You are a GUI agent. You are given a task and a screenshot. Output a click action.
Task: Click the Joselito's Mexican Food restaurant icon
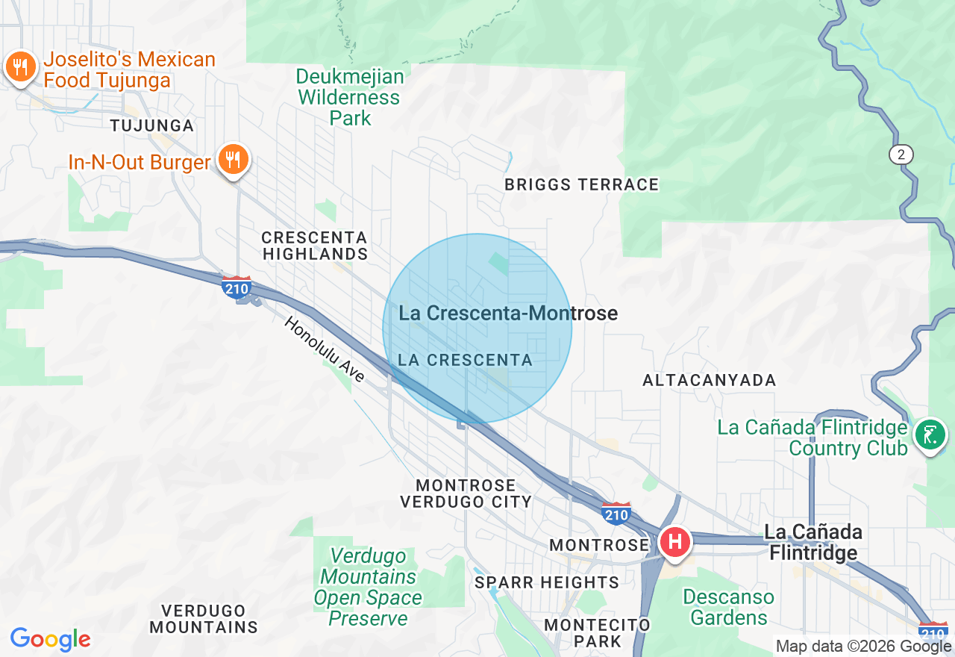[20, 68]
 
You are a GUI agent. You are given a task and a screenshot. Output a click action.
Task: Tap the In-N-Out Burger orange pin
[234, 159]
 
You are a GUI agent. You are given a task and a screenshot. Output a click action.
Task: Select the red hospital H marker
[674, 541]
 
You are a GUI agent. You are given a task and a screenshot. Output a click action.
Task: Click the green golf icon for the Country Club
[930, 434]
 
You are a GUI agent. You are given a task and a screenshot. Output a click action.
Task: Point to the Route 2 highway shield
[901, 155]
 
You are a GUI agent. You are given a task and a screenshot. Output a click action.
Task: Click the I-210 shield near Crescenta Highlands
[237, 287]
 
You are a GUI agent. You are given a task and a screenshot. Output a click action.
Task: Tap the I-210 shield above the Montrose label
[617, 513]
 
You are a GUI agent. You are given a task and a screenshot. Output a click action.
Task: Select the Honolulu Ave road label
[324, 349]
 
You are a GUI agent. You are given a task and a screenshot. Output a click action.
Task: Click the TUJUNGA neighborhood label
[152, 125]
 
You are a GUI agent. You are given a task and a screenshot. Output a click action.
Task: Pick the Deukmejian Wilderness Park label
[350, 97]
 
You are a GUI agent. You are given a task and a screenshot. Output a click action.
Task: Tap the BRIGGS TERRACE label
[582, 184]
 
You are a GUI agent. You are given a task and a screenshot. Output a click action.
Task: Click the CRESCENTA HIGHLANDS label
[314, 246]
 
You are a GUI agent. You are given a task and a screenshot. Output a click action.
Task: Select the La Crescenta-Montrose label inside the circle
[508, 313]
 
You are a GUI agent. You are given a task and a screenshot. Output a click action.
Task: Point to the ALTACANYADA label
[710, 380]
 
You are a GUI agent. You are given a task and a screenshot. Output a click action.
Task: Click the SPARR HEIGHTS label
[547, 582]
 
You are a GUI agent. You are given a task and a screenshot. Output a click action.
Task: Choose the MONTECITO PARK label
[597, 632]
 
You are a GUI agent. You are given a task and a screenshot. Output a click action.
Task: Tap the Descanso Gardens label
[728, 607]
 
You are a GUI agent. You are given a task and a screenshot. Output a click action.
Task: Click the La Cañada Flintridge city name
[813, 542]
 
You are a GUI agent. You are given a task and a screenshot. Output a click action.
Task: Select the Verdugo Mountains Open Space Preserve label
[368, 587]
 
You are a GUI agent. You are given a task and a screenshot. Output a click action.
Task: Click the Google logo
[50, 639]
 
